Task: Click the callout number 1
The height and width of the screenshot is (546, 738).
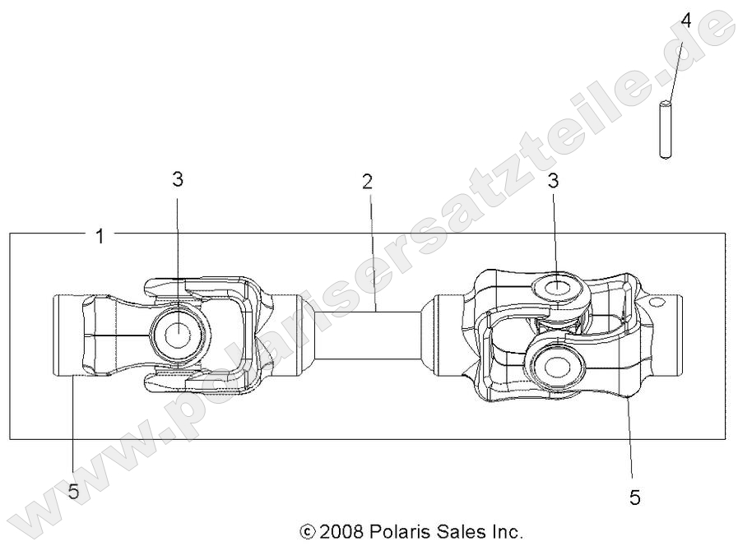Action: [x=100, y=237]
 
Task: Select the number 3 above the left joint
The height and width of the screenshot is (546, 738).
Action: [x=178, y=181]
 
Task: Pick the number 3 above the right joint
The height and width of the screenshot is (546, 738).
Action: [x=554, y=181]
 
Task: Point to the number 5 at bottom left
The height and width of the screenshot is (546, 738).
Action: [x=73, y=492]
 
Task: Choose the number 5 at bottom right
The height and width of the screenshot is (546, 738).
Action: [x=634, y=497]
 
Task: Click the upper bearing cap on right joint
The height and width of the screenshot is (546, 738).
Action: [x=557, y=289]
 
